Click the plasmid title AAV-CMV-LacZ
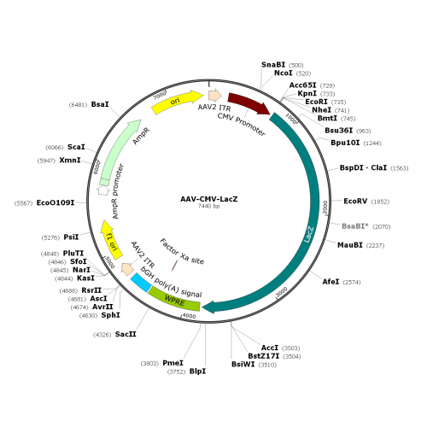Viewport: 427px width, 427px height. pos(208,199)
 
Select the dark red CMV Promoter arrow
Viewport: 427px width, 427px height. pos(249,102)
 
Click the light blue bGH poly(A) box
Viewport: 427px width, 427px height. pos(141,283)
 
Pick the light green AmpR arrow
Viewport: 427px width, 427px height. pos(119,151)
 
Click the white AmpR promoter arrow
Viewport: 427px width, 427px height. pos(103,190)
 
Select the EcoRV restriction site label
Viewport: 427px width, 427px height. pos(355,202)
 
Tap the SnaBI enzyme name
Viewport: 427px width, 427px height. pos(273,65)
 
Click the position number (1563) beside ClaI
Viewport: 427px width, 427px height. pos(399,168)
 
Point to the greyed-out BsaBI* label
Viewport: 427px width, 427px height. pos(354,226)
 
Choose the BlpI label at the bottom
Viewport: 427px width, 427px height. pos(197,371)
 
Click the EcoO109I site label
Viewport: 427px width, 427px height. pos(56,203)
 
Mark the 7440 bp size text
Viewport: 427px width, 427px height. pos(208,206)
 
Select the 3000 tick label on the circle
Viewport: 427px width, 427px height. pos(282,292)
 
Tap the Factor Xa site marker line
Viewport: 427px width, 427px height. pos(174,266)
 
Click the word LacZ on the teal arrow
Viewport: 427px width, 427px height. pos(309,235)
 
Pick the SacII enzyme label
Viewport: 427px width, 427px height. pos(126,334)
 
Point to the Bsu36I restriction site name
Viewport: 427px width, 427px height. pos(339,131)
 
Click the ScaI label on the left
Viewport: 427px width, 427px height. pos(76,147)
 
